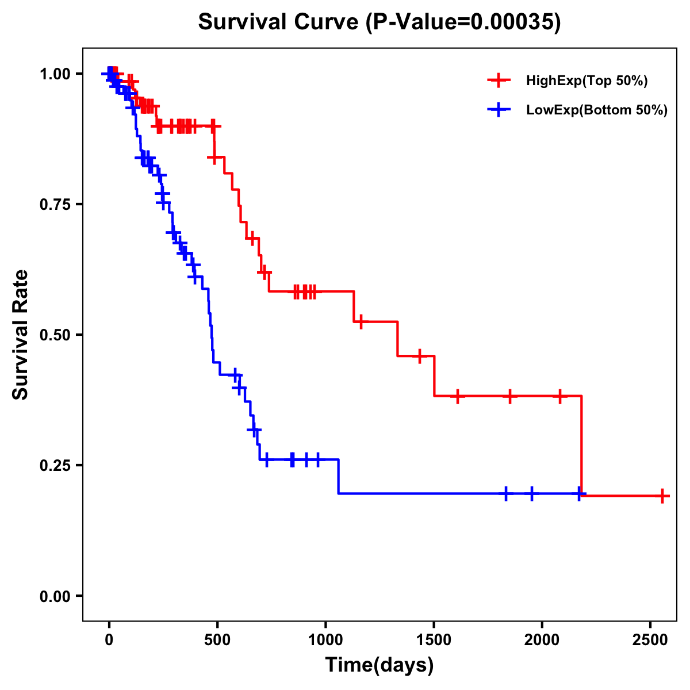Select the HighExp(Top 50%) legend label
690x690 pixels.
point(586,81)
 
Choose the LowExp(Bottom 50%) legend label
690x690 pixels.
point(597,110)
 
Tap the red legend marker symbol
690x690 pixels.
point(499,80)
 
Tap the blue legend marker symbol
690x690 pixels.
point(499,110)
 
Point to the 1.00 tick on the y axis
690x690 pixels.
point(55,74)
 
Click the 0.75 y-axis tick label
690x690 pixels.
point(55,204)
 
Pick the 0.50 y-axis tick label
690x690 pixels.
point(55,335)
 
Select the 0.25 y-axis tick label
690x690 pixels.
point(55,465)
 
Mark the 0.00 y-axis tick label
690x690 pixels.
point(55,596)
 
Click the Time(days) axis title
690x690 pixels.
point(379,665)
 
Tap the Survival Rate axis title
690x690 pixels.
point(21,335)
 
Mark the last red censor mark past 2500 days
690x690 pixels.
point(662,496)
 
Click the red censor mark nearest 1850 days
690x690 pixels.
point(509,396)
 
